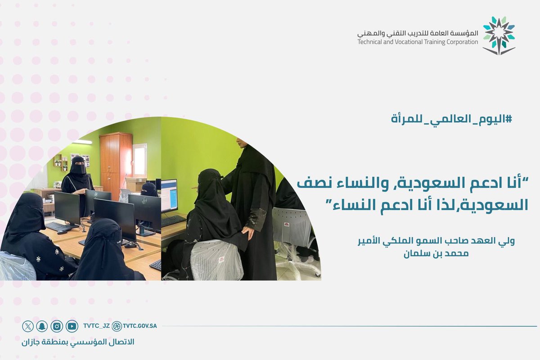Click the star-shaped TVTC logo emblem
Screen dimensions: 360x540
pos(499,35)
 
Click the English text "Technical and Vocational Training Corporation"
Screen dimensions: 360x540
pos(418,42)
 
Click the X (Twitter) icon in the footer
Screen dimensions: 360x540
pos(28,326)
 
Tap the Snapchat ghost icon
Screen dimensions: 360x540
pos(42,326)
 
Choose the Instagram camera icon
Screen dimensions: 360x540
pos(57,326)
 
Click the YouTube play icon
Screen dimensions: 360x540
pos(72,326)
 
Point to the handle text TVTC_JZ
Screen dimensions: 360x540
pos(96,326)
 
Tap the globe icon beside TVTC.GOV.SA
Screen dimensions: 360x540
pos(117,326)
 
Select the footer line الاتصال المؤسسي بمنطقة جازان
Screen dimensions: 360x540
pos(78,342)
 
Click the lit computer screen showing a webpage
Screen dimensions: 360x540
pos(169,196)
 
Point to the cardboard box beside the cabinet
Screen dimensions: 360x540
pos(135,184)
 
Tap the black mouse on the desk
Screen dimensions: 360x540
pos(62,232)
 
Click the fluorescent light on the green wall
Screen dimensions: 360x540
pos(81,142)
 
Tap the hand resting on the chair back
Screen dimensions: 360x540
pos(247,233)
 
